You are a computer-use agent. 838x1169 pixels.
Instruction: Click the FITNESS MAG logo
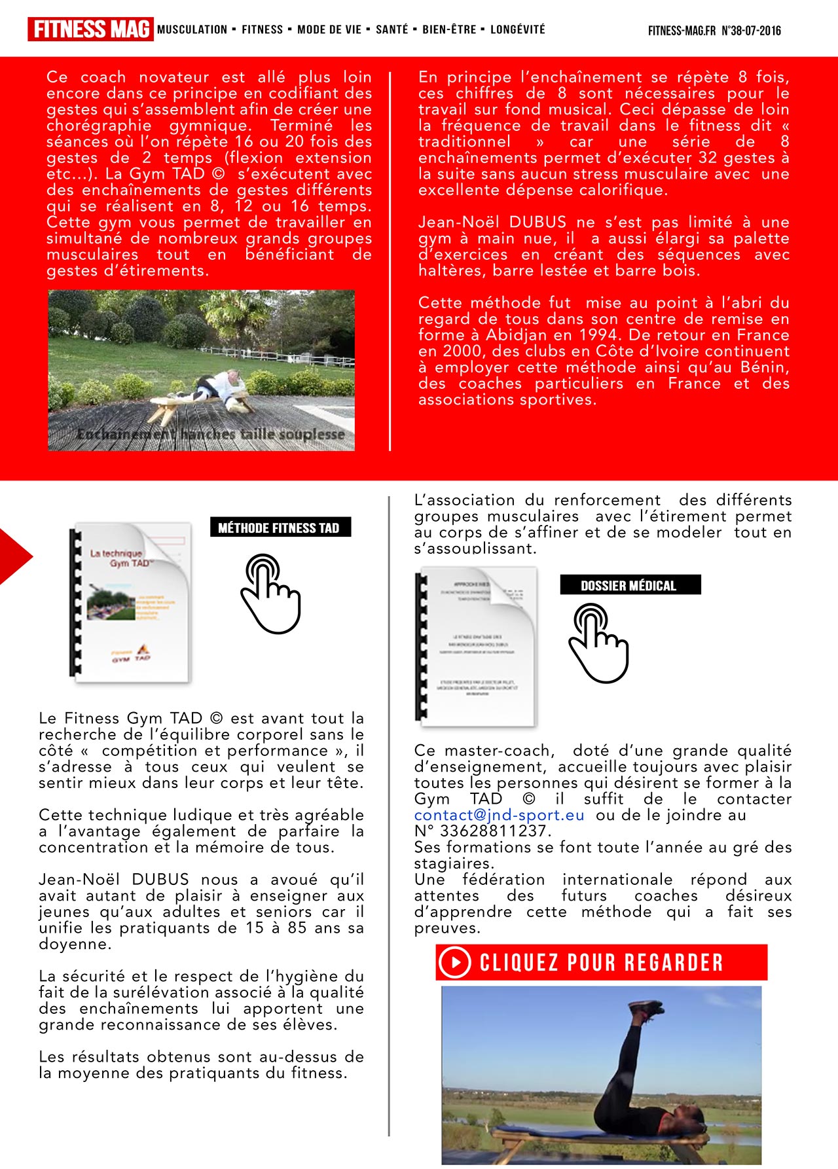[90, 29]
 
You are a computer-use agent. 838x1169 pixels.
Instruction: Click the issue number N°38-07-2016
[751, 31]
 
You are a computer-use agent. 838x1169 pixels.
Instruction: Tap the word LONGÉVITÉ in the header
[517, 29]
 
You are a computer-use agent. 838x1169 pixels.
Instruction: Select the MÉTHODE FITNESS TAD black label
[280, 528]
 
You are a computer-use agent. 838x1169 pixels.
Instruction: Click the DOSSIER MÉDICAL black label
[629, 585]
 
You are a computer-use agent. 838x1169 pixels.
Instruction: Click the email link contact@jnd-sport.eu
[499, 815]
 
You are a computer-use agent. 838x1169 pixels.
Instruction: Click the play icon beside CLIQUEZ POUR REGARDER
[455, 962]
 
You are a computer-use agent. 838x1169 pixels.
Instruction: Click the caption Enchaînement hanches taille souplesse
[210, 434]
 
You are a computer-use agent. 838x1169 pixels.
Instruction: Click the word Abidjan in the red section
[518, 335]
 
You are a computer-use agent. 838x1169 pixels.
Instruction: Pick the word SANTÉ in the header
[392, 29]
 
